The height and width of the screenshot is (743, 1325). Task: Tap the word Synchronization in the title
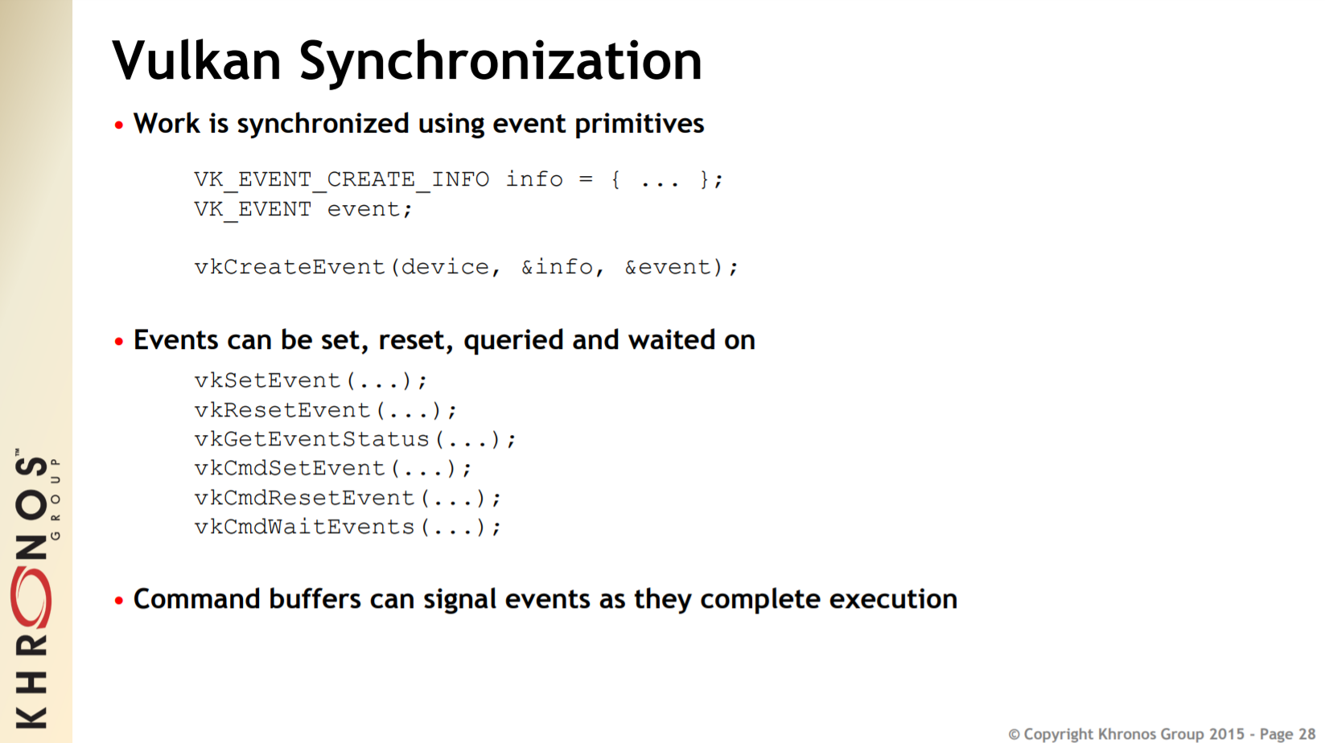500,62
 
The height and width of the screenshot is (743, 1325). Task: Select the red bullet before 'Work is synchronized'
119,125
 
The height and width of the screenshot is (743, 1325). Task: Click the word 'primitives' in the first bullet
640,124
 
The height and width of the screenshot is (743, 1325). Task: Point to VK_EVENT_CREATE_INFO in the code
342,179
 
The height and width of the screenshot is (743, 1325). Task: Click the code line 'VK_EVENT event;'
302,209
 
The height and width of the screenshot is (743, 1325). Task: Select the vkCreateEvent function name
290,267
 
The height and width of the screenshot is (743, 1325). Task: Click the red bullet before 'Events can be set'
119,342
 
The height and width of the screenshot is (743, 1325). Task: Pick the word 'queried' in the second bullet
512,340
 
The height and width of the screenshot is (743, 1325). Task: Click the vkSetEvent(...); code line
311,380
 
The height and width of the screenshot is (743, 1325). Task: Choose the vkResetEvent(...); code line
325,410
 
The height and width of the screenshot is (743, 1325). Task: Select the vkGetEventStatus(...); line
355,439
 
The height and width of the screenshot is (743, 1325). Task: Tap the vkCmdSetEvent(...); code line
333,469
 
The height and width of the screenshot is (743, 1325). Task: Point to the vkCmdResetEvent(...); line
348,498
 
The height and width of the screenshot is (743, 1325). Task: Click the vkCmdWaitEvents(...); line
348,527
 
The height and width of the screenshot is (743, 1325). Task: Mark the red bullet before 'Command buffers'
119,601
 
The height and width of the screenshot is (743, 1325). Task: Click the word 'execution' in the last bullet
893,599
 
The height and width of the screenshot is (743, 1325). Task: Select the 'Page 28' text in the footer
1287,734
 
